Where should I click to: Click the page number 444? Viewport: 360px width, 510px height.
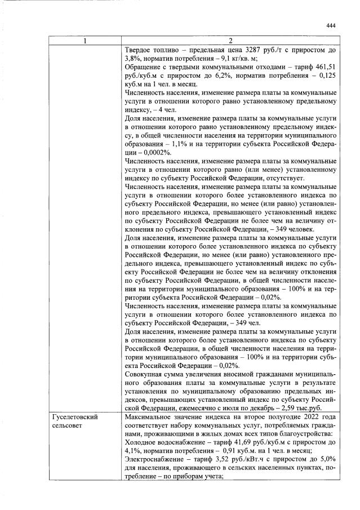(x=331, y=26)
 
